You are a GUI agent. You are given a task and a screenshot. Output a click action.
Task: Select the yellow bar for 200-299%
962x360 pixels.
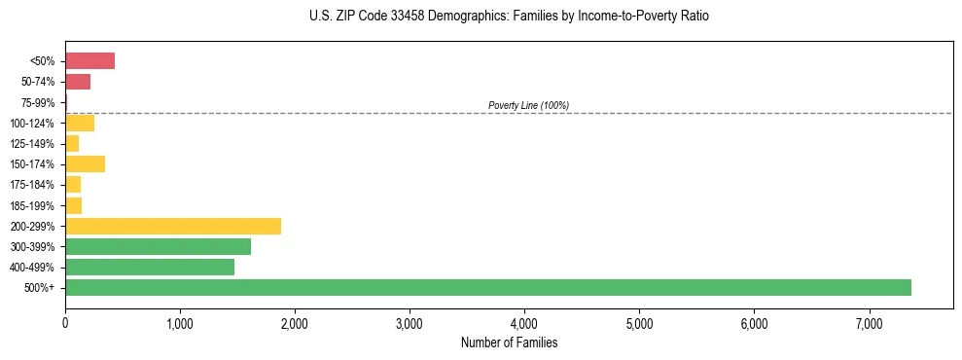(173, 226)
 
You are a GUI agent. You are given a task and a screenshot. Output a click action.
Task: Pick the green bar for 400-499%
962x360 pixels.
(150, 267)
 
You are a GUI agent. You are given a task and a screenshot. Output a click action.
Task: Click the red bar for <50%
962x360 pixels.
(89, 61)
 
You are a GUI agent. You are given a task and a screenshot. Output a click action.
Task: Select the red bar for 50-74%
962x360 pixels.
(78, 82)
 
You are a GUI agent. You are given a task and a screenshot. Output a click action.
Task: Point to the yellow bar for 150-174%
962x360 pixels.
(85, 164)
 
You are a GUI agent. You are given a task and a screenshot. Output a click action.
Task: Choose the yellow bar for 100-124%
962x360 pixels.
(80, 123)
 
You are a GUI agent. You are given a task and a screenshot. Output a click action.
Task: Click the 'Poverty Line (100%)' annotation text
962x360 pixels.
(528, 105)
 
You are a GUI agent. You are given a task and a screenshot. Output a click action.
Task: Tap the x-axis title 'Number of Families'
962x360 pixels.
(509, 342)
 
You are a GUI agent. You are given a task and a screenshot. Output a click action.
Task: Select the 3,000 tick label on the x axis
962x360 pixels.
(410, 323)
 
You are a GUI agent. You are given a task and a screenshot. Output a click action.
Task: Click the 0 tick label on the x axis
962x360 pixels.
(65, 323)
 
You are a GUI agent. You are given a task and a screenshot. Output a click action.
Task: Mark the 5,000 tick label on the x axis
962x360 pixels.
(639, 323)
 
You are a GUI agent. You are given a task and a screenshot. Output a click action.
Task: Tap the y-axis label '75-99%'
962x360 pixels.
(38, 103)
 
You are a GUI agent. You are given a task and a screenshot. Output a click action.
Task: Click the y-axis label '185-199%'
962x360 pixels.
(35, 205)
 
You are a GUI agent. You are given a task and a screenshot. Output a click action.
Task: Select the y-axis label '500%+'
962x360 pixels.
(41, 288)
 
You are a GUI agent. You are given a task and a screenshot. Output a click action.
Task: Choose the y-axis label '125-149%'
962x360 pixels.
(35, 144)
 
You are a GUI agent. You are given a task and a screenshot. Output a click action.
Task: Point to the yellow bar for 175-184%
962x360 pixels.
(73, 185)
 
